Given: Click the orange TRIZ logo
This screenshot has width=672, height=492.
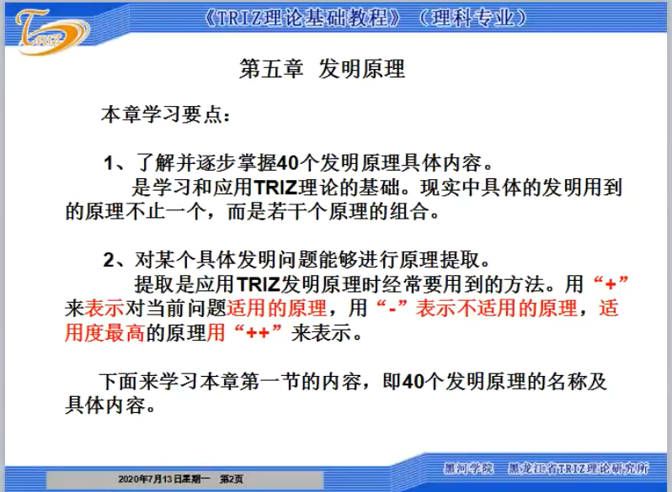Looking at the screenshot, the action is tap(52, 33).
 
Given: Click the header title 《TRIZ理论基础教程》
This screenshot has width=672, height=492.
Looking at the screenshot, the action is tap(302, 18).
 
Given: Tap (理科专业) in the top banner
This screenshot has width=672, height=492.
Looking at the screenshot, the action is tap(472, 18).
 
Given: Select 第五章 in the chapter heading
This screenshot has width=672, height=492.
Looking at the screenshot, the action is tap(271, 69).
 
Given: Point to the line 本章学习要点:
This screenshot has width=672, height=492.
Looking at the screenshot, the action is tap(165, 114).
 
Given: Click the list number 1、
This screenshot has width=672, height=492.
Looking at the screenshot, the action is tap(114, 163).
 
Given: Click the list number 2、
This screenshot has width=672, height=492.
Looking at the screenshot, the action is tap(114, 260).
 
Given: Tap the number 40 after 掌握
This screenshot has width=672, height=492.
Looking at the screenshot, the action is tap(287, 163).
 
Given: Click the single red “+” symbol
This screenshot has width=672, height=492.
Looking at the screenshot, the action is tap(611, 283).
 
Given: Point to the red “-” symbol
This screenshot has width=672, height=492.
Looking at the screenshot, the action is tap(392, 308).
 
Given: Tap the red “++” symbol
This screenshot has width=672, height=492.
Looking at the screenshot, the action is tap(258, 332).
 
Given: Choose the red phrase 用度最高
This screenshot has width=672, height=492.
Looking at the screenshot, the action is tap(104, 333).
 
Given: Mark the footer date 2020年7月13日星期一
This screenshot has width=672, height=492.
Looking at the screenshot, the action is tap(164, 479).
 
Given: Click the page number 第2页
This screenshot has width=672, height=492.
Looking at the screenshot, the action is tap(232, 479).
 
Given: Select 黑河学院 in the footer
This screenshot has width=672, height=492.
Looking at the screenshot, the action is tap(469, 469).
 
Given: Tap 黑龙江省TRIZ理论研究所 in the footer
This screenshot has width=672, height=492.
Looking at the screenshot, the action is tap(579, 469).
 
